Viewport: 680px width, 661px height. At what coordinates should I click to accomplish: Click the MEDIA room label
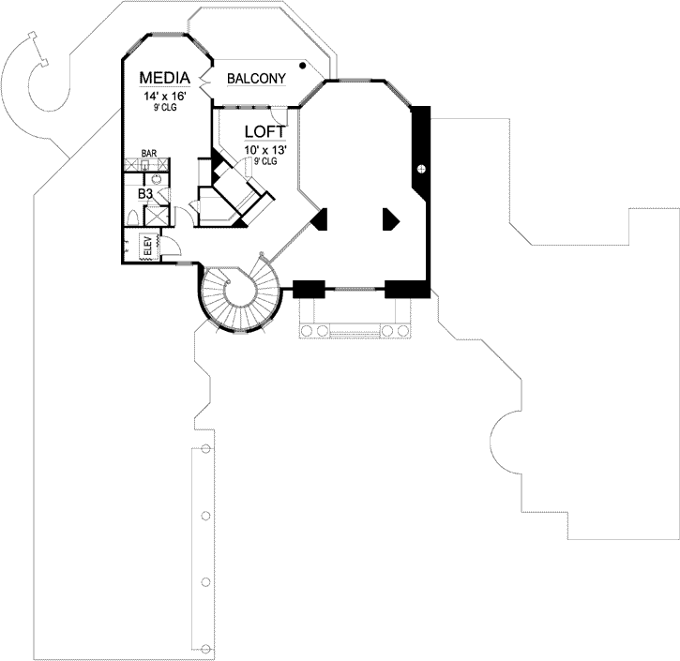tap(165, 77)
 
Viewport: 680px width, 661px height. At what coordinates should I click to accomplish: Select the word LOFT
tap(264, 132)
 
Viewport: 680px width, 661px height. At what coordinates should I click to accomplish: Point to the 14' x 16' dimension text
tap(164, 95)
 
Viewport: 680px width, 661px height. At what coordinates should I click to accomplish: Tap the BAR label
tap(148, 152)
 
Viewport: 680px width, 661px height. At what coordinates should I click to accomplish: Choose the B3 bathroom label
tap(145, 193)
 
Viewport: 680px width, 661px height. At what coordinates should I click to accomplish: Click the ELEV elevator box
tap(147, 248)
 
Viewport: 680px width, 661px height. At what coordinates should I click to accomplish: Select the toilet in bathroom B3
tap(133, 217)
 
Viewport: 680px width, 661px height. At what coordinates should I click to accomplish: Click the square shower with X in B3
tap(156, 215)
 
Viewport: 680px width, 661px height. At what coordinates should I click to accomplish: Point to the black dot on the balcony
tap(302, 67)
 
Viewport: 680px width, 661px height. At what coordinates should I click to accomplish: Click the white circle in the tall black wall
tap(421, 169)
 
